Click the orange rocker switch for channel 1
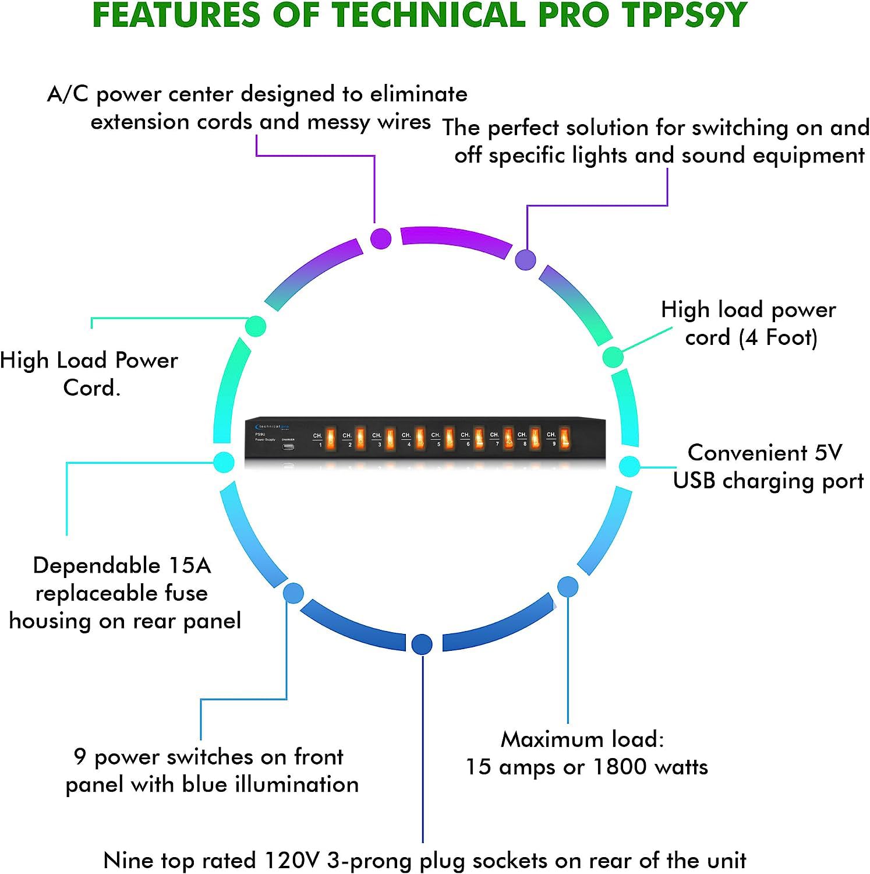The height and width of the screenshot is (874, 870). [331, 439]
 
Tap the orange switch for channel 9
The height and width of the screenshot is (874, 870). [564, 438]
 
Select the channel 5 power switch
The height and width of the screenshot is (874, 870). [449, 438]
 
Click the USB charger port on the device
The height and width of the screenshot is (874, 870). [288, 447]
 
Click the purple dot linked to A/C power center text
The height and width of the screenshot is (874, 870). [381, 238]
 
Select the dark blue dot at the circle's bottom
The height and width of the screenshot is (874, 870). [422, 644]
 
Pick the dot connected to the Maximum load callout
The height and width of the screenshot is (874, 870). [568, 587]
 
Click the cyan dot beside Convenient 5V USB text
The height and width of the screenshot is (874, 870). [629, 466]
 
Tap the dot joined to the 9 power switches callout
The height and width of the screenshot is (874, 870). [293, 593]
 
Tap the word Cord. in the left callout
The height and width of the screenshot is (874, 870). [91, 387]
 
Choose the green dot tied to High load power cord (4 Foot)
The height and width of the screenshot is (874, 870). [613, 357]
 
